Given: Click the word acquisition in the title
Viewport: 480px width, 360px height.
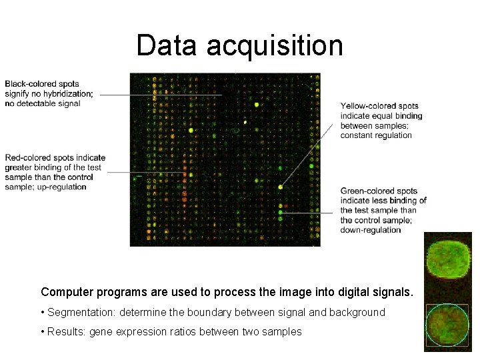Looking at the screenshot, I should pyautogui.click(x=275, y=46).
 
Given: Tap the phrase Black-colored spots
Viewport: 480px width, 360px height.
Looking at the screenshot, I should pyautogui.click(x=42, y=84).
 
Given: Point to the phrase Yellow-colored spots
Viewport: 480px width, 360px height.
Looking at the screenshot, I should pyautogui.click(x=379, y=106).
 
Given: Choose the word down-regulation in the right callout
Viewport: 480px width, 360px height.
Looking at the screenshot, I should pyautogui.click(x=371, y=230).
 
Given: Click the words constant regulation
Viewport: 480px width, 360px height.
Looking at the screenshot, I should pyautogui.click(x=376, y=135).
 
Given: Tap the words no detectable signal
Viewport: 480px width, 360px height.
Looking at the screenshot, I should pyautogui.click(x=43, y=103).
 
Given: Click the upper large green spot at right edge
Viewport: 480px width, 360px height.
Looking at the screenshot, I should pyautogui.click(x=448, y=258).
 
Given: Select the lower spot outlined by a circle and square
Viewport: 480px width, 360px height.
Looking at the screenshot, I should pyautogui.click(x=448, y=324).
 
